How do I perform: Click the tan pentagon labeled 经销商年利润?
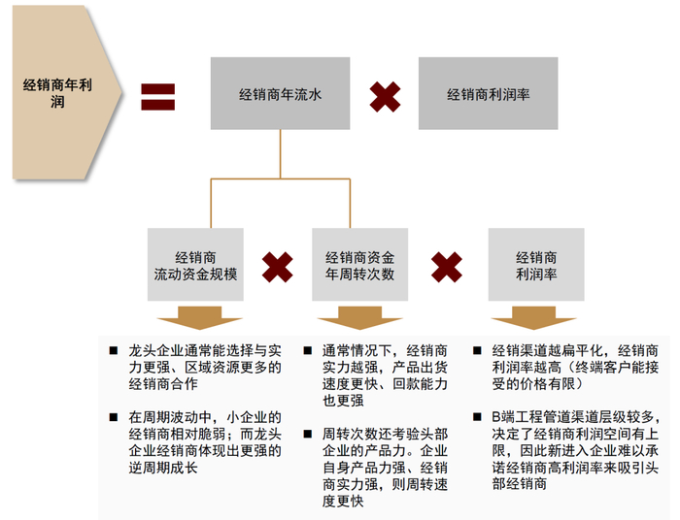[60, 93]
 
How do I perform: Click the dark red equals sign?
[158, 95]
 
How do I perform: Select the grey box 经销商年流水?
[280, 94]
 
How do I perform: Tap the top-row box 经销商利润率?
[488, 94]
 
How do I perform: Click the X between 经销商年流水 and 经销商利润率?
[385, 95]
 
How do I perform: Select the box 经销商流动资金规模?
[194, 264]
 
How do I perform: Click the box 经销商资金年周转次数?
[360, 264]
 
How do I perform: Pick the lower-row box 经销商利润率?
[536, 264]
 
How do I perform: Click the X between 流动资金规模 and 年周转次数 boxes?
[278, 266]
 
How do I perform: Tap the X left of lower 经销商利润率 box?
[447, 266]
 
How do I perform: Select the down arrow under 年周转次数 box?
[360, 318]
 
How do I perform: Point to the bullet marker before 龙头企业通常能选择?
[116, 350]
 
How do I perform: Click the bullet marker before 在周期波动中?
[116, 417]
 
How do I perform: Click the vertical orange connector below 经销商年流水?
[280, 153]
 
